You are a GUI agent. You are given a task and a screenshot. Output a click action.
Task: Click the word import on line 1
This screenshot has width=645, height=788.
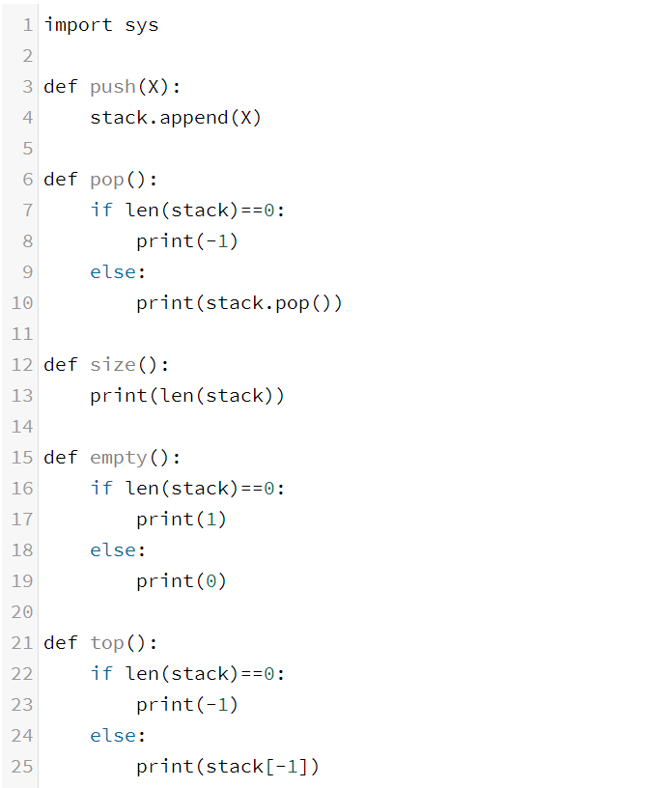(x=78, y=25)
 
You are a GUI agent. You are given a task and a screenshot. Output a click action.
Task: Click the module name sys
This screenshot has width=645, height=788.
(x=142, y=25)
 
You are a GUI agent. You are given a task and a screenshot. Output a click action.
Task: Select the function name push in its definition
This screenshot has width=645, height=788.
(x=113, y=87)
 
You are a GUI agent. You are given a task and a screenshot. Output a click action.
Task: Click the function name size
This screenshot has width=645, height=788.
(x=113, y=365)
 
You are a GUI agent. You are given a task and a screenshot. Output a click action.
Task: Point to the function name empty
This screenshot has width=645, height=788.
(x=119, y=458)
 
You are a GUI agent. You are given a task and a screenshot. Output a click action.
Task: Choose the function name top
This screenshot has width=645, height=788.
(x=107, y=643)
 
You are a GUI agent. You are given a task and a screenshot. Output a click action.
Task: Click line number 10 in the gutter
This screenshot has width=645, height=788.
(x=21, y=303)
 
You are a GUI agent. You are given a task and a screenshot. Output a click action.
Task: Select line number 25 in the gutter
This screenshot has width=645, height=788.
(x=21, y=767)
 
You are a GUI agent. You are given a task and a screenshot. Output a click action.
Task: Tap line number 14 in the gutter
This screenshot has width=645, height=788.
(x=21, y=427)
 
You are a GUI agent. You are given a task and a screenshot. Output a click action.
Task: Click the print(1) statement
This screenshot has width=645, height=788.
(x=182, y=520)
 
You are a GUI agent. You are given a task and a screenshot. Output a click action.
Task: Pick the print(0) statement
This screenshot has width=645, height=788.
(x=182, y=581)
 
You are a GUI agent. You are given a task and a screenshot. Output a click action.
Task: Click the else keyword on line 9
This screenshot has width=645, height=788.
(x=113, y=272)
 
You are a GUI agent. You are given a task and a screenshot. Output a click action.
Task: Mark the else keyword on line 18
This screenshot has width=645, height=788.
(x=113, y=550)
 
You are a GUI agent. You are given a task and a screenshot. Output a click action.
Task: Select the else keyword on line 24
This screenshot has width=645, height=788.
(x=113, y=736)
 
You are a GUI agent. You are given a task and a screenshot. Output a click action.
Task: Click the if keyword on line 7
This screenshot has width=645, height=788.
(x=101, y=211)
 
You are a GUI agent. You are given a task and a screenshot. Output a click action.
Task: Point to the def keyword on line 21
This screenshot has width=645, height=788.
(x=61, y=643)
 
